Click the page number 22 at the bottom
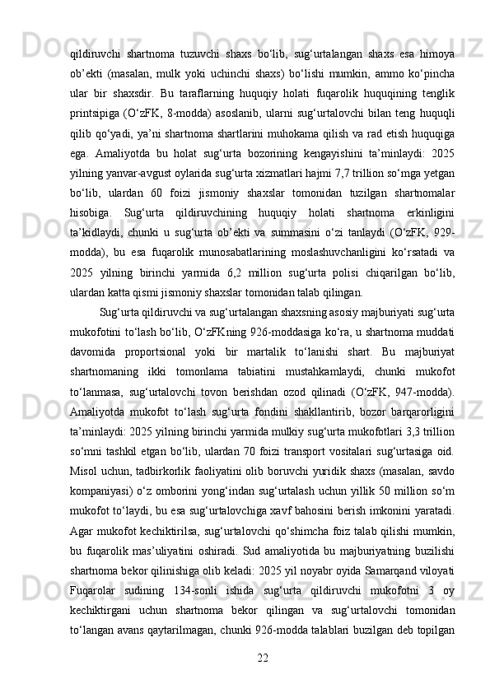tap(264, 655)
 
